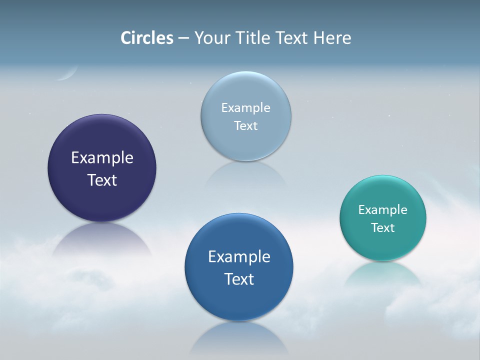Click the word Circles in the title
147,38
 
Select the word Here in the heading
332,38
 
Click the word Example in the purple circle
102,158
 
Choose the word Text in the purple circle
102,180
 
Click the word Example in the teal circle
383,210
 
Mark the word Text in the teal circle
383,228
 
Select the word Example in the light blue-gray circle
246,108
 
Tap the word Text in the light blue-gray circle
246,126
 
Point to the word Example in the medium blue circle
239,257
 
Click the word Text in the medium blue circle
239,279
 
